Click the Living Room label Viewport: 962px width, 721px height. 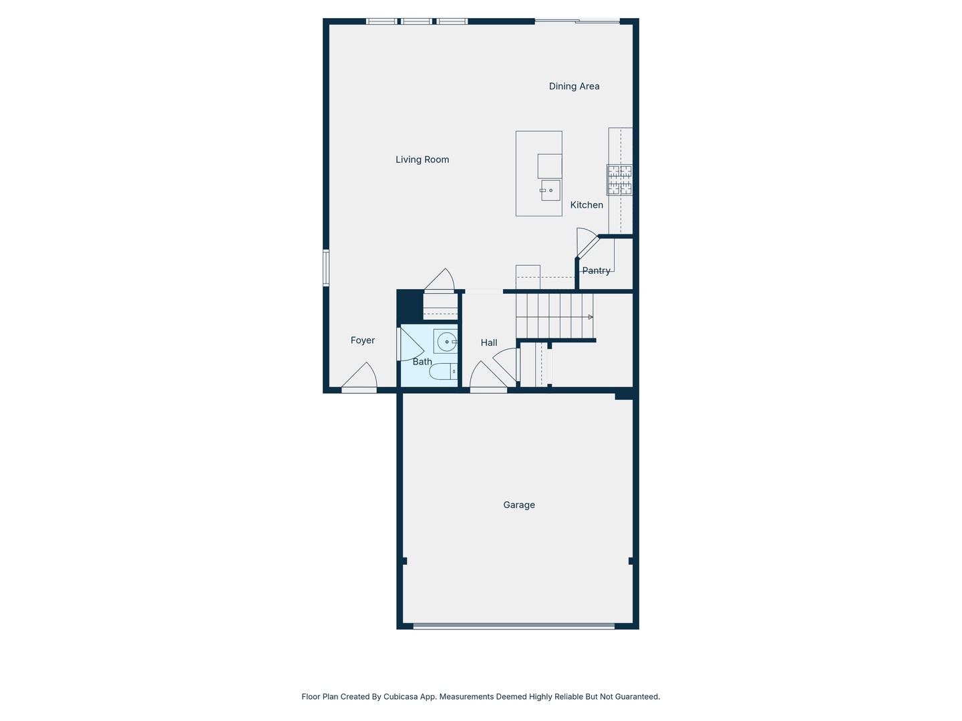tap(422, 160)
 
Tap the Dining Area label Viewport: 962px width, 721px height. tap(574, 86)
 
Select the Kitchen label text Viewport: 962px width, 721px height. tap(587, 205)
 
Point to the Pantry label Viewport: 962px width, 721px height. tap(596, 270)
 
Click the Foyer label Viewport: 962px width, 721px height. tap(363, 340)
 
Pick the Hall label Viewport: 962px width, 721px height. tap(489, 342)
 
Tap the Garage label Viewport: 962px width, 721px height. tap(519, 505)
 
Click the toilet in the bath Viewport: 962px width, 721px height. tap(443, 371)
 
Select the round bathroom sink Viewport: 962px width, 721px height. tap(446, 342)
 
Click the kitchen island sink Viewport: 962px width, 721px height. tap(550, 190)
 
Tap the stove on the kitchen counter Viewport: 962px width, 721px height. tap(619, 180)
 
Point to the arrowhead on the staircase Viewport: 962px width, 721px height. tap(590, 317)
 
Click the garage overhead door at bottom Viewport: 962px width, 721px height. tap(513, 626)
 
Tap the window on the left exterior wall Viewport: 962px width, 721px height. tap(326, 268)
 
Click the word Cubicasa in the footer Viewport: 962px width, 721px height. tap(401, 696)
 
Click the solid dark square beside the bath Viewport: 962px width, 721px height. tap(410, 306)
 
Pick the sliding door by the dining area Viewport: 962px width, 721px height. tap(578, 21)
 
